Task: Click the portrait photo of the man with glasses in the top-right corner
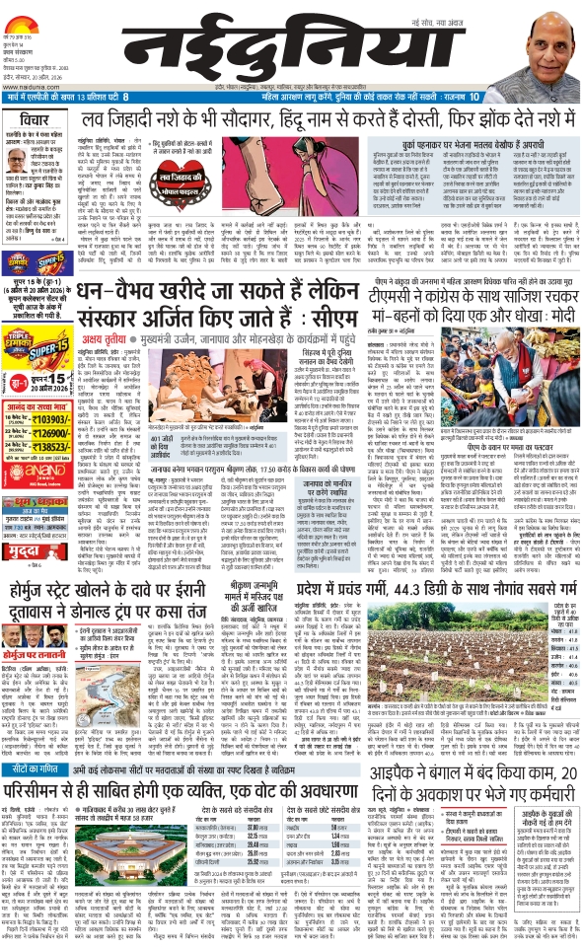pos(542,45)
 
